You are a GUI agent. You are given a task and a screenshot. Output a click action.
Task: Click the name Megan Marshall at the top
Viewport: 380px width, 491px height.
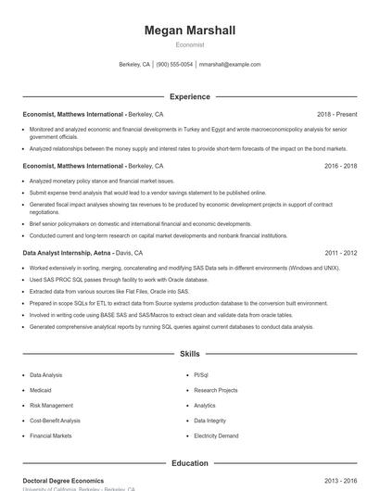click(190, 31)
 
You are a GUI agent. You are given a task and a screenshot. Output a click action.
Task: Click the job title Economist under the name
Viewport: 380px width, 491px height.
click(190, 44)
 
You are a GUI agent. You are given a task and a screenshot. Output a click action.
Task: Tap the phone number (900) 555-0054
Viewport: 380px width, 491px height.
click(174, 65)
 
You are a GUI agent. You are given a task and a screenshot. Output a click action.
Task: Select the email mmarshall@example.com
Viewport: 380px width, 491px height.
click(230, 65)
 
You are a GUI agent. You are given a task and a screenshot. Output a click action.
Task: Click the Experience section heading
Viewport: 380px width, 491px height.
click(190, 96)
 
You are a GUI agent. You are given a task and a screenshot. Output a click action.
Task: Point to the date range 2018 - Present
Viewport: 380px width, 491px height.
click(336, 114)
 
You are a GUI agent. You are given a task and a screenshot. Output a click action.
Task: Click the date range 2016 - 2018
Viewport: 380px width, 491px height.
click(340, 166)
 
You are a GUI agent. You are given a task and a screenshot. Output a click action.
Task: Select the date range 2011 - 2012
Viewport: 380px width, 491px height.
click(340, 253)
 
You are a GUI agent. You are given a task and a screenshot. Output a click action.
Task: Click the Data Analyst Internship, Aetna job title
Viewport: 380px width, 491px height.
click(67, 253)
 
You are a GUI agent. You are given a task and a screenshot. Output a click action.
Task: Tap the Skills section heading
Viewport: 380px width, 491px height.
click(190, 354)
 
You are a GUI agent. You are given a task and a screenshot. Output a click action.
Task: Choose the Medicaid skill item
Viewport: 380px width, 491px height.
click(42, 390)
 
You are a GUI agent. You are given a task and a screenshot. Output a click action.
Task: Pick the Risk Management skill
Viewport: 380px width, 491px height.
click(51, 405)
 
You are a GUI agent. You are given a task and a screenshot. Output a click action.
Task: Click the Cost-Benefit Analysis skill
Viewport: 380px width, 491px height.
click(55, 420)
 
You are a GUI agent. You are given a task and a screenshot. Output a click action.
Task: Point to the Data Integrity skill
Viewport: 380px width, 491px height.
click(209, 420)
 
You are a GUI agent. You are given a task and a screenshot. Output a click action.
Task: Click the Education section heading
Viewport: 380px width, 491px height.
click(190, 463)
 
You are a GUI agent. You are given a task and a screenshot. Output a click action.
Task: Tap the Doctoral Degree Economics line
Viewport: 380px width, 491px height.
click(63, 481)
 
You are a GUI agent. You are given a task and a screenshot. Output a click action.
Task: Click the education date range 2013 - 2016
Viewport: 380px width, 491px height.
click(340, 481)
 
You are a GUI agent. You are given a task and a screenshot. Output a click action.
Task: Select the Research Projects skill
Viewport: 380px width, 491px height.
click(215, 390)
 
